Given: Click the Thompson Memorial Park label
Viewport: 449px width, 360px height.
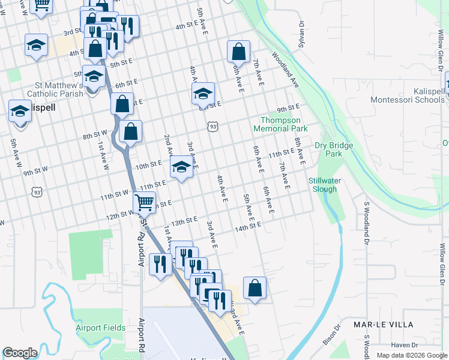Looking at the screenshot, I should [x=280, y=124].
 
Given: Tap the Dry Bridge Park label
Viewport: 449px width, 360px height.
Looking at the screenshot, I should [x=334, y=149].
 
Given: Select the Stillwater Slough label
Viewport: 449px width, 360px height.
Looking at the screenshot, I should [x=327, y=185].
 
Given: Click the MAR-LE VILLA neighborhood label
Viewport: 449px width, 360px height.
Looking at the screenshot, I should [x=383, y=324].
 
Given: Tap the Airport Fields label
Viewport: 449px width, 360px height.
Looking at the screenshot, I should [x=100, y=328].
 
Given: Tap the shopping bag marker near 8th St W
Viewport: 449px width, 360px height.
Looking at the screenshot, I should [x=130, y=131].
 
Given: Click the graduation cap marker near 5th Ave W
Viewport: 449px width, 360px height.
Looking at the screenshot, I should [x=20, y=112].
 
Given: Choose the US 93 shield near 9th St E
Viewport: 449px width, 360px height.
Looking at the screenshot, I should [x=212, y=126].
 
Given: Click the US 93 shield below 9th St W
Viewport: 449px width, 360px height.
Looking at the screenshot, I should [x=38, y=193].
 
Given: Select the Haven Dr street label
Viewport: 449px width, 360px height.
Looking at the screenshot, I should [x=404, y=345].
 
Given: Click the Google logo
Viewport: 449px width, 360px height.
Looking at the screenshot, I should [x=20, y=353].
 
